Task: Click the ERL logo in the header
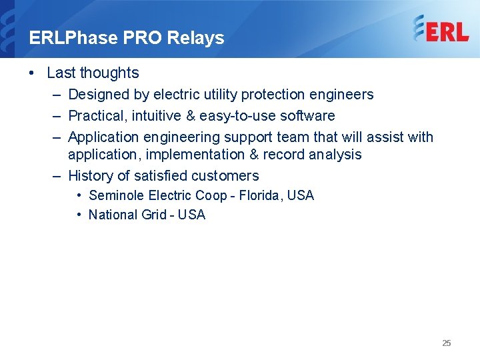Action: (x=441, y=29)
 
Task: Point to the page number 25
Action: (x=446, y=343)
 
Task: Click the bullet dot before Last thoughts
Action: (x=33, y=73)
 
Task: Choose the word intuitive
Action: (x=155, y=116)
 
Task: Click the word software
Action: (x=307, y=116)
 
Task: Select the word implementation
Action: (x=193, y=155)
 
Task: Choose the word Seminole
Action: (x=116, y=195)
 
